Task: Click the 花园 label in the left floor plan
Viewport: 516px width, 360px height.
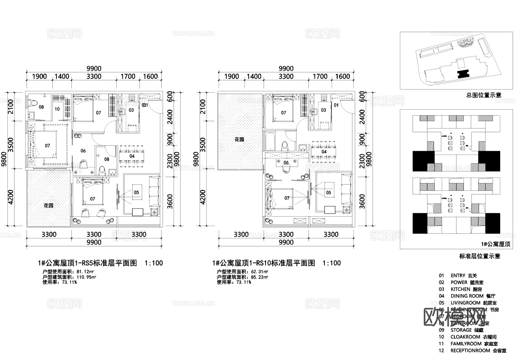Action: pos(48,206)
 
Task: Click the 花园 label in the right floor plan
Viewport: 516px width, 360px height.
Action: pos(239,139)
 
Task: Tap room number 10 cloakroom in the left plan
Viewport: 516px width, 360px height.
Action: pos(57,109)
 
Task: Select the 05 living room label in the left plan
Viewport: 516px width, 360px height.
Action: pos(136,192)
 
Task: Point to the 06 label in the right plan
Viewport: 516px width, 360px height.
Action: pos(286,163)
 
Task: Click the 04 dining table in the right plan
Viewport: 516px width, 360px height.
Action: pos(324,152)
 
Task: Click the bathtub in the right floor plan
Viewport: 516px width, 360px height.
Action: pos(270,141)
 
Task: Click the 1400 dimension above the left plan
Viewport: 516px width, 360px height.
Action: pos(62,76)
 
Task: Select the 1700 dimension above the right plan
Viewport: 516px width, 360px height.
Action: pos(320,76)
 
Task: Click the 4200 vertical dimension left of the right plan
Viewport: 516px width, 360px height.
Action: pos(202,197)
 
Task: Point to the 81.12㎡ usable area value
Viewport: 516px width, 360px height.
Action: pos(86,272)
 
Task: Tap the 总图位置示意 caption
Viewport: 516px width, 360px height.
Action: pos(484,95)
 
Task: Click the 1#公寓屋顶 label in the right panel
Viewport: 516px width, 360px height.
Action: pos(496,244)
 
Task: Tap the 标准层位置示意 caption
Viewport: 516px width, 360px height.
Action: pos(480,256)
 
